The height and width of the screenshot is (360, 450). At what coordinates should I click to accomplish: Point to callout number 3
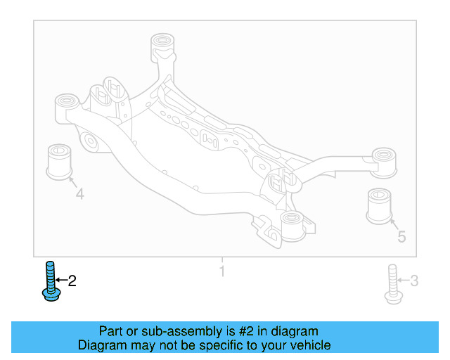(x=414, y=282)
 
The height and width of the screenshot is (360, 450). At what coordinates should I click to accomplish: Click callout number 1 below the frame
(x=222, y=271)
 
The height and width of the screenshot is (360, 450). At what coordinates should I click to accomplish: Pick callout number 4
(x=79, y=193)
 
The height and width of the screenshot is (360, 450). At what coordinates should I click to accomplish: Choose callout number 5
(x=401, y=236)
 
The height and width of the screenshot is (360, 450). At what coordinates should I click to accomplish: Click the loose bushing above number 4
(x=60, y=161)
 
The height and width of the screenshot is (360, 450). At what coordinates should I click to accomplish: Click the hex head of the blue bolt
(x=49, y=295)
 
